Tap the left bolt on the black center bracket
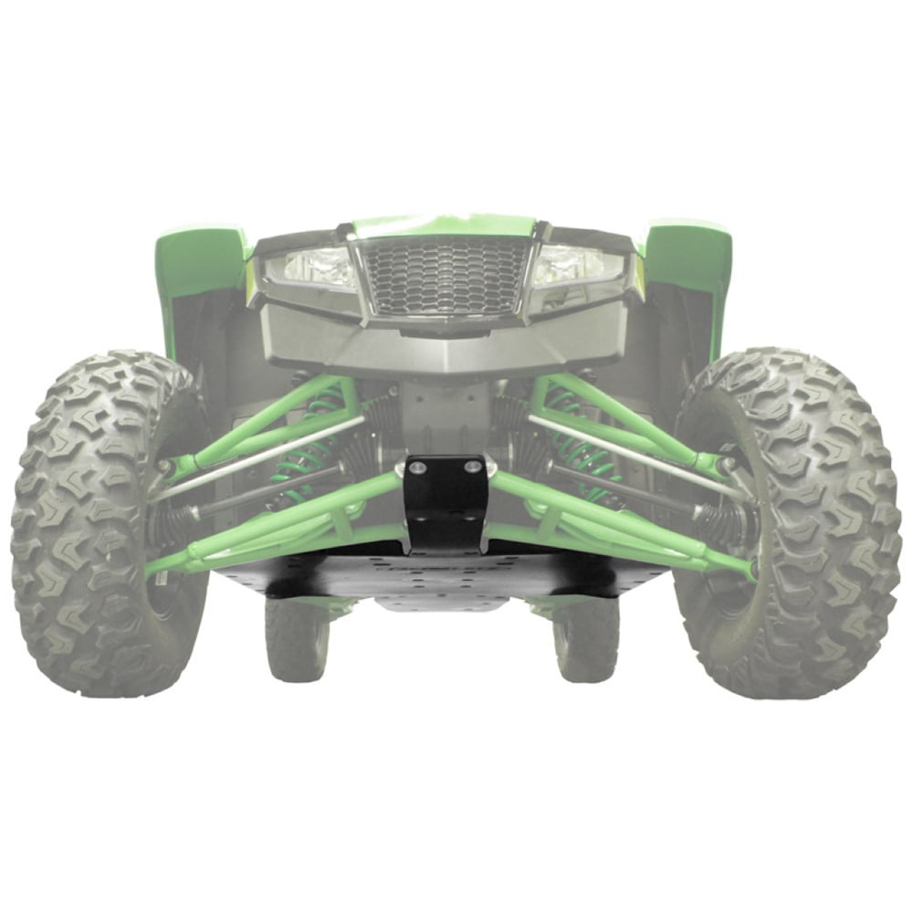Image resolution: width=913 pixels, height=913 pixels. coord(418,467)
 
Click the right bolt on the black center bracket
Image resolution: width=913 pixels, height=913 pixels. coord(472,467)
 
